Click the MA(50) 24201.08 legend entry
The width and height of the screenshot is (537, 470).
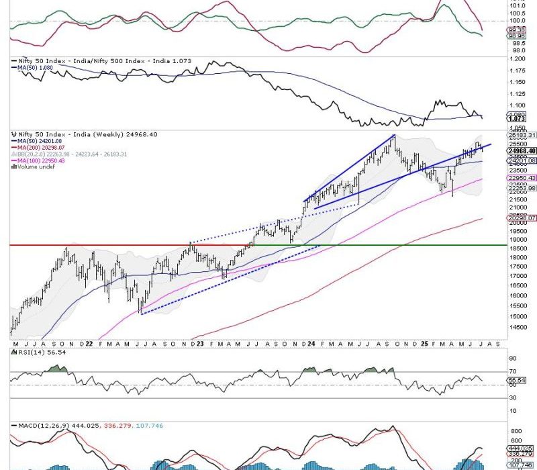point(38,140)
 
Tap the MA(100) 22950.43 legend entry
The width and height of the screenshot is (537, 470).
point(42,160)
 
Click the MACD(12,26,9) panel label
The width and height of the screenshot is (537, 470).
point(47,426)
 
